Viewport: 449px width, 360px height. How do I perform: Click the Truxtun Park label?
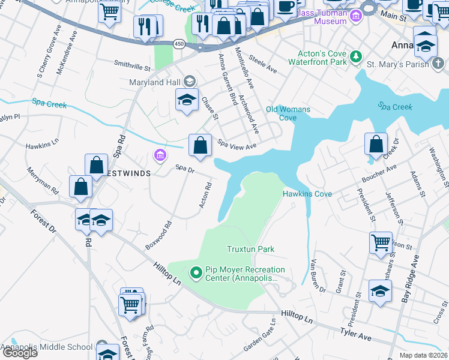coord(250,249)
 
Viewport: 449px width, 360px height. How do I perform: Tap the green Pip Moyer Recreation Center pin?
coord(196,274)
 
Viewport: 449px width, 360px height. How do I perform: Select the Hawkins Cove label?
coord(307,194)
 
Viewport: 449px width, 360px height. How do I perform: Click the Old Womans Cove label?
coord(288,113)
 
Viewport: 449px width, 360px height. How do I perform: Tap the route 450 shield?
coord(179,44)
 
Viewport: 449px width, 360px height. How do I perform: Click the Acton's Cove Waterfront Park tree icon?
coord(356,56)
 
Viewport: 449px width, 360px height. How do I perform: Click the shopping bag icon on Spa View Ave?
coord(200,145)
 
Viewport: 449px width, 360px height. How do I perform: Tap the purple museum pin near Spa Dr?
coord(160,156)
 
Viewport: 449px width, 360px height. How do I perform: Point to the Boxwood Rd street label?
coord(158,236)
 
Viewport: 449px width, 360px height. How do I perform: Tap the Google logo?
coord(19,353)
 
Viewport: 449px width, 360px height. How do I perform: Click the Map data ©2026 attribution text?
coord(423,355)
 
